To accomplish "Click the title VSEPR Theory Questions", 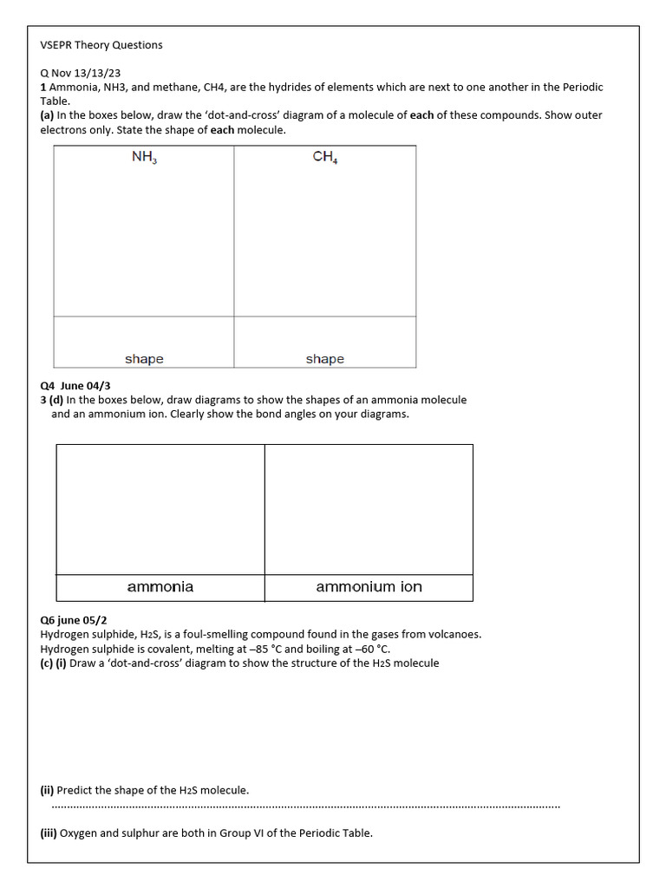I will pyautogui.click(x=101, y=44).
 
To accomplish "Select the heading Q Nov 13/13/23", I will pyautogui.click(x=83, y=73).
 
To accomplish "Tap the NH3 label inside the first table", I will pyautogui.click(x=144, y=158).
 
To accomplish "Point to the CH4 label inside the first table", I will pyautogui.click(x=325, y=158).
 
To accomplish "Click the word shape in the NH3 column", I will pyautogui.click(x=144, y=359).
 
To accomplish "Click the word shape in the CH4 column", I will pyautogui.click(x=325, y=359).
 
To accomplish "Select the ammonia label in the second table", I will pyautogui.click(x=160, y=587).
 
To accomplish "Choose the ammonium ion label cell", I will pyautogui.click(x=369, y=587).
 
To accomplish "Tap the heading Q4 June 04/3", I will pyautogui.click(x=75, y=386).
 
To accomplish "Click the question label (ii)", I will pyautogui.click(x=47, y=790).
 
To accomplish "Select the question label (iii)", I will pyautogui.click(x=49, y=833).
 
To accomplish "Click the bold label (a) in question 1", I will pyautogui.click(x=47, y=115).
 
